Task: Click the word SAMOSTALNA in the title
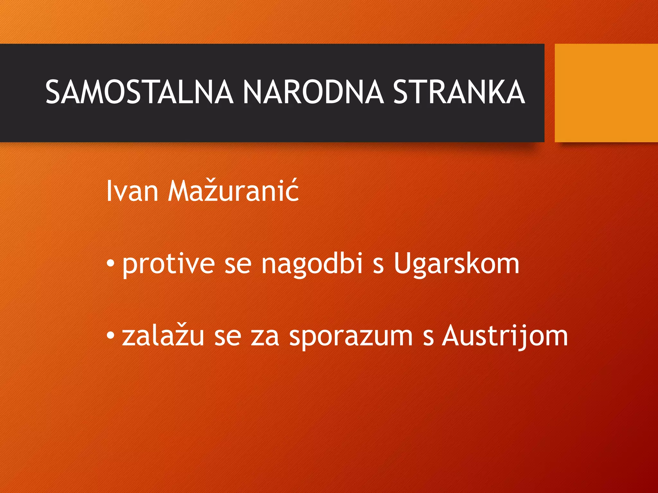(x=139, y=92)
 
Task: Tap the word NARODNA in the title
(x=313, y=92)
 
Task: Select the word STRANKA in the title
(x=459, y=92)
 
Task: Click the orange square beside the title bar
(x=606, y=93)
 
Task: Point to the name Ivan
(x=132, y=191)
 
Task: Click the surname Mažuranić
(x=234, y=191)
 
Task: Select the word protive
(x=168, y=264)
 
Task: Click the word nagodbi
(x=312, y=264)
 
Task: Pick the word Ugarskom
(x=456, y=264)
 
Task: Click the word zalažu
(x=163, y=336)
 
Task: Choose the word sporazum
(x=351, y=336)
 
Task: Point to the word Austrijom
(x=505, y=336)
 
